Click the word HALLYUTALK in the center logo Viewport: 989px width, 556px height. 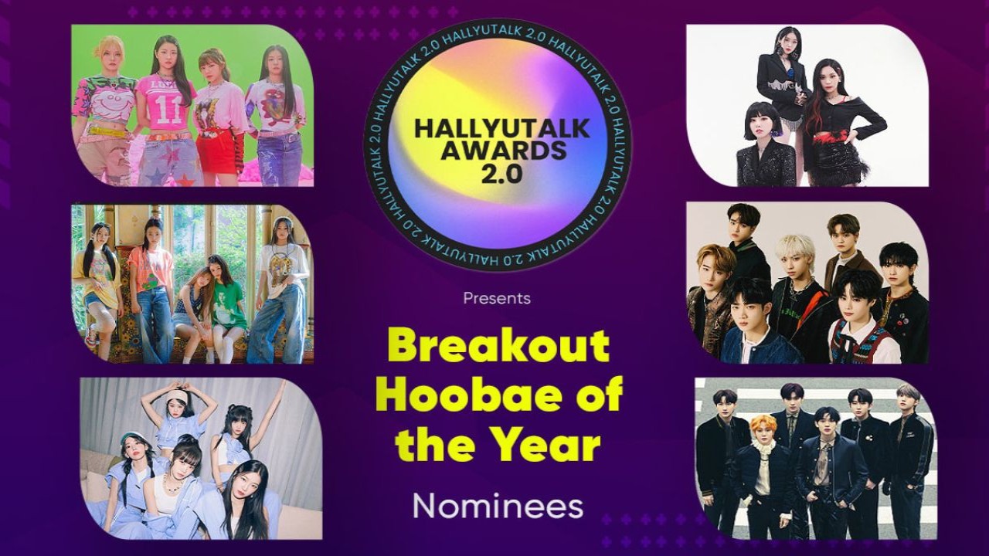[x=502, y=128]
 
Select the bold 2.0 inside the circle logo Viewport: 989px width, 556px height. [x=501, y=175]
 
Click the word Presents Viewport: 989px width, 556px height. [x=497, y=298]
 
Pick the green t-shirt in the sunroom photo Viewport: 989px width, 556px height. [x=229, y=305]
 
